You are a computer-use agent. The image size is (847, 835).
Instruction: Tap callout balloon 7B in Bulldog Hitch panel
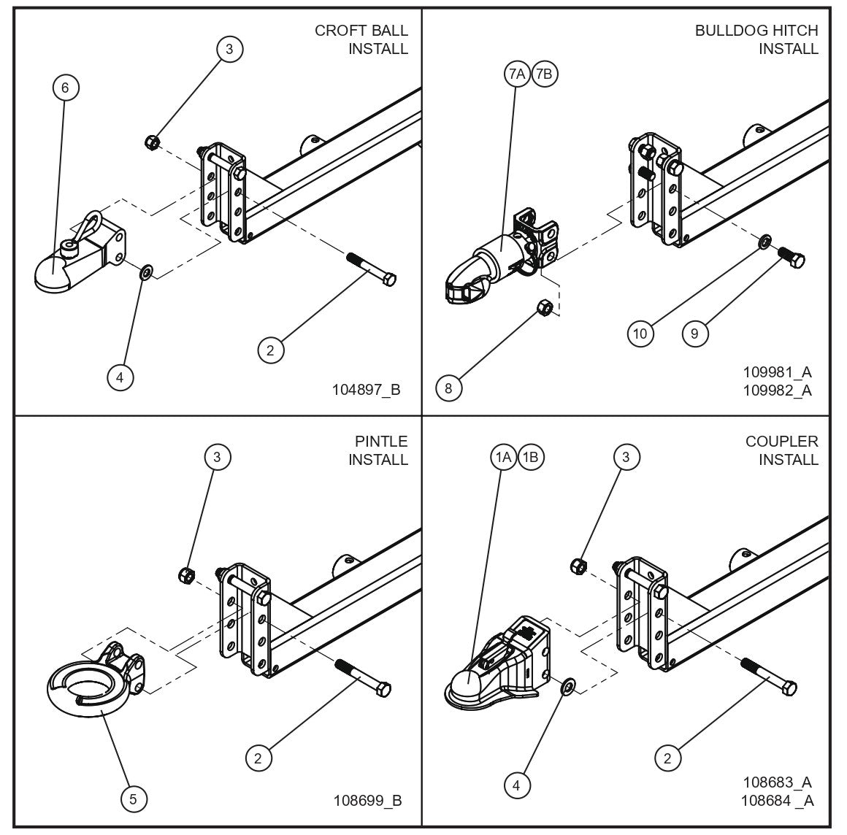(x=545, y=74)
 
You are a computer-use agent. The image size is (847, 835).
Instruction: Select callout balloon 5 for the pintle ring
(x=133, y=799)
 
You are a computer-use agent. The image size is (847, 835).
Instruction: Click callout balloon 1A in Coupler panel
(x=503, y=458)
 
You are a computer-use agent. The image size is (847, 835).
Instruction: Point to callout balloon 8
(x=448, y=388)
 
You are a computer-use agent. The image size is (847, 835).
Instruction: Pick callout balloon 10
(x=640, y=334)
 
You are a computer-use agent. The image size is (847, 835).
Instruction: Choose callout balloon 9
(x=694, y=334)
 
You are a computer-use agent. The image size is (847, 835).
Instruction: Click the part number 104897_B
(x=366, y=389)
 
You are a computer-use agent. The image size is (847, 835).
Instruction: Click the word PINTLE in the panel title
(x=381, y=442)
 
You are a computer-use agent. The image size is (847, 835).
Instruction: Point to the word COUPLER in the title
(x=781, y=442)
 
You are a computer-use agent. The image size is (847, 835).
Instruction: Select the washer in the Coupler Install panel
(x=567, y=686)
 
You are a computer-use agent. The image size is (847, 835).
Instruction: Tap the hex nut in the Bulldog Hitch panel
(x=543, y=307)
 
